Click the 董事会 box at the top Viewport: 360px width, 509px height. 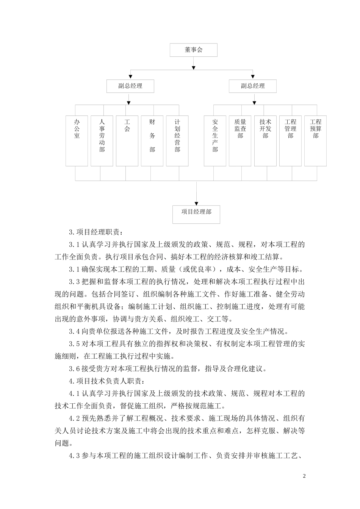pyautogui.click(x=193, y=50)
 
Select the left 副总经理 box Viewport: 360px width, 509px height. pyautogui.click(x=130, y=86)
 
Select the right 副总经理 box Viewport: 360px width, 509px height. pyautogui.click(x=252, y=86)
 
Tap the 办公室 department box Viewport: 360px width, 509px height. pyautogui.click(x=77, y=141)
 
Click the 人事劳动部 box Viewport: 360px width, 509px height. pyautogui.click(x=102, y=141)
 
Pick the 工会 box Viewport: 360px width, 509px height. pyautogui.click(x=127, y=141)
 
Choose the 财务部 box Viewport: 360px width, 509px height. pyautogui.click(x=152, y=141)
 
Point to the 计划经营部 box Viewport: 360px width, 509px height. pyautogui.click(x=177, y=141)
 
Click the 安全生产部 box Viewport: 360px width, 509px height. pyautogui.click(x=215, y=141)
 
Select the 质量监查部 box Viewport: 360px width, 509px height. pyautogui.click(x=240, y=141)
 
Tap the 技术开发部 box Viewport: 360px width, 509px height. pyautogui.click(x=265, y=141)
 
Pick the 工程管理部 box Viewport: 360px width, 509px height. pyautogui.click(x=290, y=141)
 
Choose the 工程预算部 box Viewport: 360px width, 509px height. pyautogui.click(x=315, y=141)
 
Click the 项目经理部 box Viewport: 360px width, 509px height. pyautogui.click(x=196, y=214)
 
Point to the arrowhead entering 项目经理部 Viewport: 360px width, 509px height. pyautogui.click(x=196, y=203)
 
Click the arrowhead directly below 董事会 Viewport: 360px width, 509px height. pyautogui.click(x=194, y=67)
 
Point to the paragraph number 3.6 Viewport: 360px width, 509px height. pyautogui.click(x=74, y=368)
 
